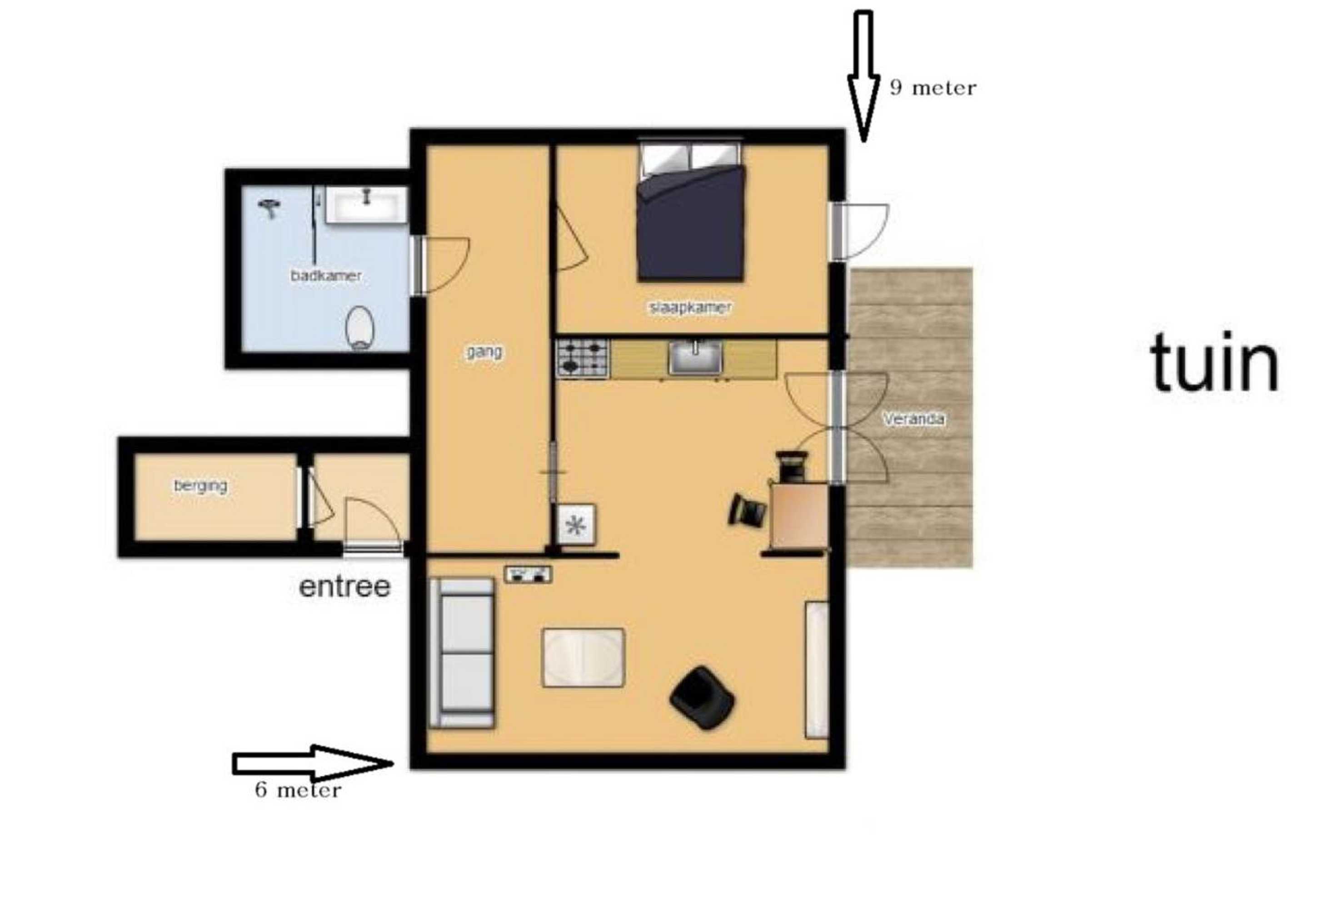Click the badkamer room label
(x=326, y=276)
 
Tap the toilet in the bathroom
(x=360, y=328)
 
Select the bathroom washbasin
(x=366, y=205)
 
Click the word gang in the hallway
(x=484, y=353)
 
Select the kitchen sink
(x=695, y=357)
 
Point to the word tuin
(x=1214, y=362)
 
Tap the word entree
(x=344, y=587)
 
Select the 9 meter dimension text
(x=933, y=88)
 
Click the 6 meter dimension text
(x=298, y=790)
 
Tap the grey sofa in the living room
(x=461, y=653)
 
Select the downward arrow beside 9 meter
(x=863, y=76)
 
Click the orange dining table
(x=798, y=516)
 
